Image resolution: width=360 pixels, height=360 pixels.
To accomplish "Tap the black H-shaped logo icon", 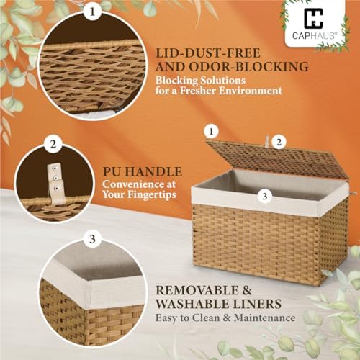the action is pyautogui.click(x=313, y=18).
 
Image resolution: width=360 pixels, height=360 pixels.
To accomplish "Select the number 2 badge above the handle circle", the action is pyautogui.click(x=53, y=145).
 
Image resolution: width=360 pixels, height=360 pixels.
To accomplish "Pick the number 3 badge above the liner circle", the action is pyautogui.click(x=92, y=239).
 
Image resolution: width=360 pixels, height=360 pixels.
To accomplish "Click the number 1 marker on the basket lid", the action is pyautogui.click(x=211, y=132).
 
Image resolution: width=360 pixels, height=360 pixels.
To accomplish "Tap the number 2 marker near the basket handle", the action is pyautogui.click(x=279, y=143).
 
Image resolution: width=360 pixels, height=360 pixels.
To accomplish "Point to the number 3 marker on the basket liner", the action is pyautogui.click(x=265, y=196).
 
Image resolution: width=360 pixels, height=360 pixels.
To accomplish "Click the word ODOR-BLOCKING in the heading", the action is pyautogui.click(x=248, y=66).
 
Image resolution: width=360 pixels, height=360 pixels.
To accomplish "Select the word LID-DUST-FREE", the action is pyautogui.click(x=208, y=53).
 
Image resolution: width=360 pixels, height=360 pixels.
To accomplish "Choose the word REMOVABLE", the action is pyautogui.click(x=196, y=290).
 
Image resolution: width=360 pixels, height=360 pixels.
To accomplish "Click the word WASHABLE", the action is pyautogui.click(x=193, y=304).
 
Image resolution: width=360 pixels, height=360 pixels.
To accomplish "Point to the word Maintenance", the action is pyautogui.click(x=264, y=318).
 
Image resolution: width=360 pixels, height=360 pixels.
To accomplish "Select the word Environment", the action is pyautogui.click(x=251, y=91).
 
